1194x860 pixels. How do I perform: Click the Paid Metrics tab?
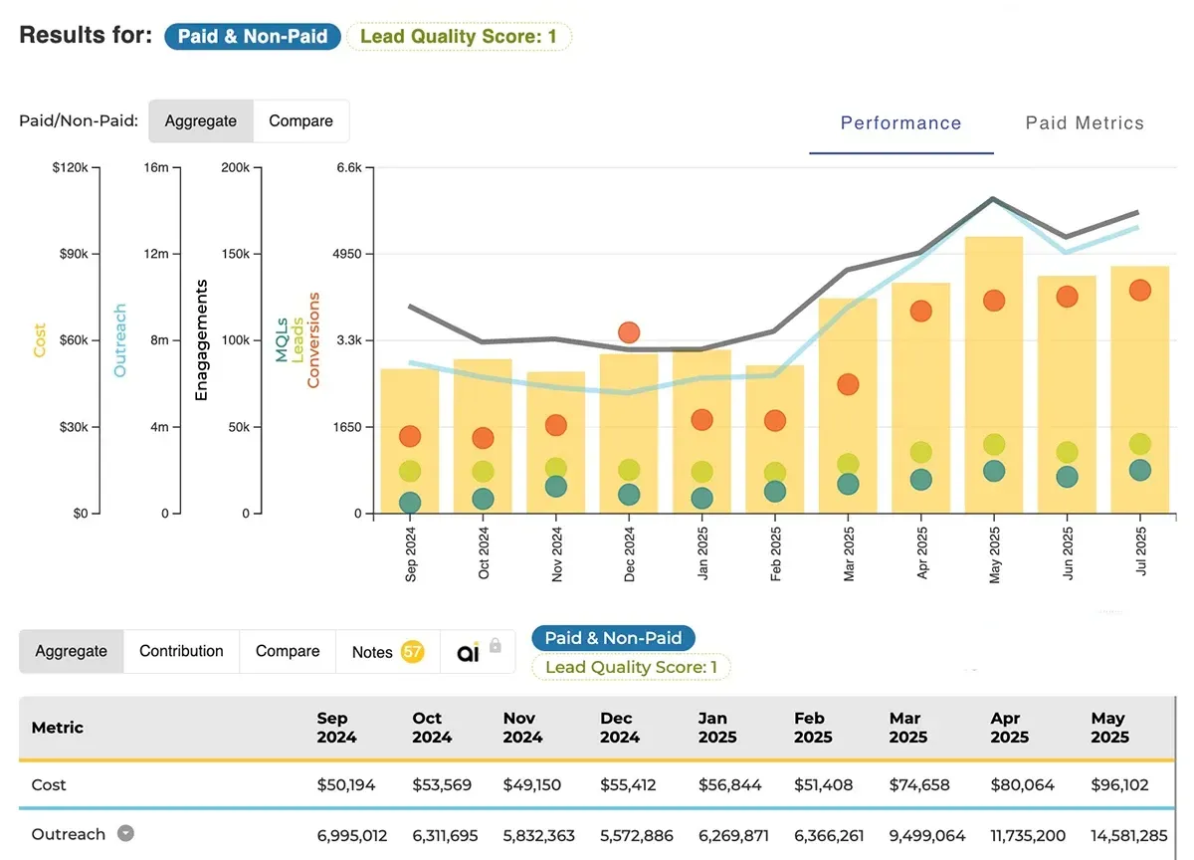click(x=1085, y=123)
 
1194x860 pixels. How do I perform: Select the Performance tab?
click(x=900, y=123)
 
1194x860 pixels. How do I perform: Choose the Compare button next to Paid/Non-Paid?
click(x=300, y=121)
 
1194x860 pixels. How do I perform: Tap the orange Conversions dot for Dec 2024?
click(x=629, y=332)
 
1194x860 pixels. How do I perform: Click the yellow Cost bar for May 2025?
click(x=993, y=378)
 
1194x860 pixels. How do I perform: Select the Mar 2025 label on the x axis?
click(x=849, y=554)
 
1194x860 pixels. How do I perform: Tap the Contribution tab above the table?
click(x=181, y=651)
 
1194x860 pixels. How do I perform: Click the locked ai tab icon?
click(x=478, y=652)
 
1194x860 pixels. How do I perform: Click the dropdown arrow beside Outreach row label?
click(x=125, y=834)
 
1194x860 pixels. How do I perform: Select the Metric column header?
click(x=58, y=728)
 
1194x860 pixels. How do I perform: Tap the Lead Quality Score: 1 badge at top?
click(x=459, y=37)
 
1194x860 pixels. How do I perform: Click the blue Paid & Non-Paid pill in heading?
click(x=254, y=37)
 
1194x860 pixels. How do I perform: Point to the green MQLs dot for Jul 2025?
click(x=1140, y=470)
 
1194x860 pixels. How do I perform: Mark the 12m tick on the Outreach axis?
click(x=156, y=254)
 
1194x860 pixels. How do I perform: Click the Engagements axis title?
click(x=202, y=340)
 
